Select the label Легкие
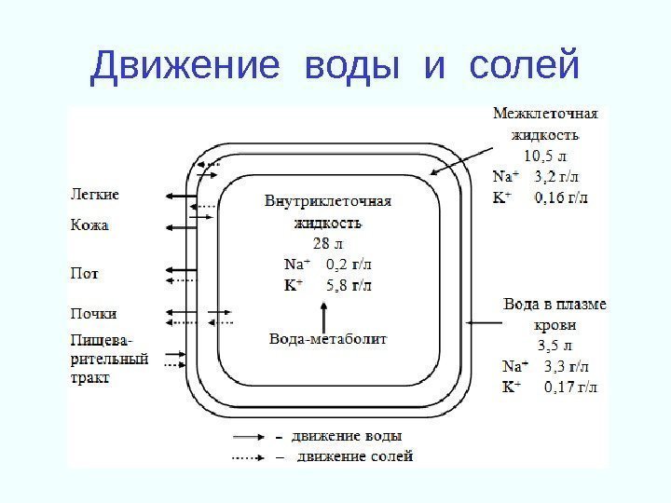[x=95, y=195]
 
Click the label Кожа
[x=89, y=224]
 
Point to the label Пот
[x=85, y=274]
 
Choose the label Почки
[x=94, y=314]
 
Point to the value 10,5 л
[x=544, y=155]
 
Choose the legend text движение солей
[x=352, y=456]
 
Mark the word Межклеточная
[x=544, y=115]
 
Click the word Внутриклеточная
[x=327, y=202]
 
